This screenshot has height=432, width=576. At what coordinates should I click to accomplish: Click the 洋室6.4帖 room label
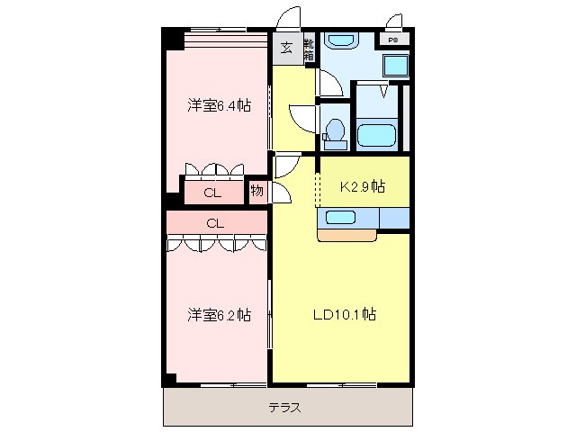[x=219, y=105]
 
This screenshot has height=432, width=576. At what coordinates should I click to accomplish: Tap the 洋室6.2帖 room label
[x=219, y=315]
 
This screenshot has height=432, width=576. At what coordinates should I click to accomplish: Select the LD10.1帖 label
[x=344, y=315]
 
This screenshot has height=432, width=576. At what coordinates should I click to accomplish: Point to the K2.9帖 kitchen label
[x=362, y=186]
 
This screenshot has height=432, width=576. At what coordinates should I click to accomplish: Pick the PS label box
[x=393, y=40]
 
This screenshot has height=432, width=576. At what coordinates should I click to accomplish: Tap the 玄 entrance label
[x=285, y=49]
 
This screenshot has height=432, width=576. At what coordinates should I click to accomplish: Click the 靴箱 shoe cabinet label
[x=308, y=49]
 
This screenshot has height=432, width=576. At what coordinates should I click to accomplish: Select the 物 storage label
[x=256, y=192]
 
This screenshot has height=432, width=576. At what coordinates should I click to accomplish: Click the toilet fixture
[x=335, y=130]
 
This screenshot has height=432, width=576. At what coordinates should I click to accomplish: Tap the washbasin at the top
[x=341, y=40]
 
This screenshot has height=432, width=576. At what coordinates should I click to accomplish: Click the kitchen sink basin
[x=340, y=217]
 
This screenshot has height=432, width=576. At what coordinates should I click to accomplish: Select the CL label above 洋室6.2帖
[x=214, y=222]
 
